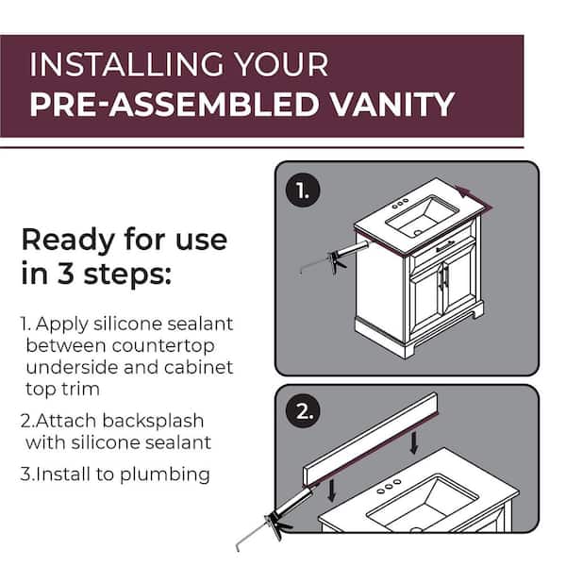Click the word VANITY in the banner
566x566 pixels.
tap(392, 104)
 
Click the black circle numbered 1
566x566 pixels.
tap(303, 190)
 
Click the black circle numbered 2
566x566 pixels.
tap(303, 410)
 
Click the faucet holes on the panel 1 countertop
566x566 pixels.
tap(400, 203)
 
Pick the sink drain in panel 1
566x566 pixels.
tap(417, 233)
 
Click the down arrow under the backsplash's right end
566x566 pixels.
tap(414, 442)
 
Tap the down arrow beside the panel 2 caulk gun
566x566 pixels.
tap(332, 491)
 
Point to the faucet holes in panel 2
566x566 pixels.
tap(389, 486)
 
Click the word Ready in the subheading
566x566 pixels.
tap(68, 241)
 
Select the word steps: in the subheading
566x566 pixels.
tap(127, 274)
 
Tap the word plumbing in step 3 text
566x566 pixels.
tap(164, 474)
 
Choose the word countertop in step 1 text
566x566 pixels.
tap(163, 346)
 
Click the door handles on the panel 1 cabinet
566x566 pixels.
tap(443, 276)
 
